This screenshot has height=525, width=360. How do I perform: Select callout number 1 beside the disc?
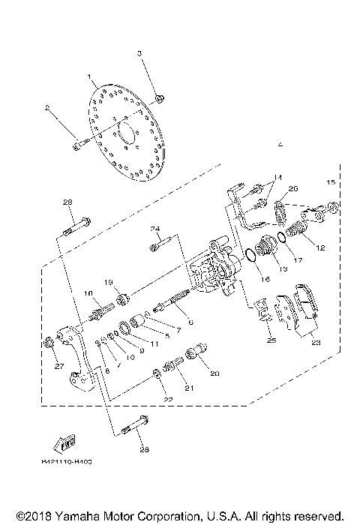coord(89,76)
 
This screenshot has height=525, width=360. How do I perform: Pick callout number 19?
coord(108,282)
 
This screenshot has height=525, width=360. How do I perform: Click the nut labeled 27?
coord(49,343)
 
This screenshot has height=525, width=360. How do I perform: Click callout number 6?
coord(191,322)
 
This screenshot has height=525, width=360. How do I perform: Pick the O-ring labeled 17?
coord(279,238)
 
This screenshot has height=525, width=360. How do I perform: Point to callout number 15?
coord(329,183)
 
